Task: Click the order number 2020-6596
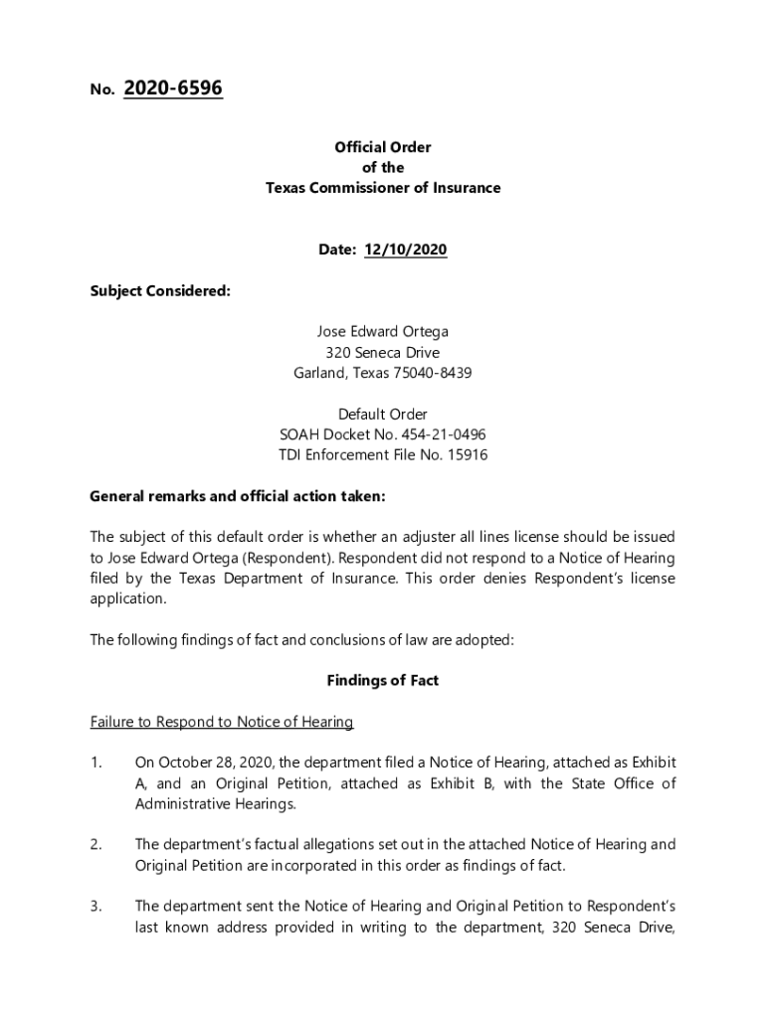click(173, 89)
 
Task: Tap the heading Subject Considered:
click(160, 291)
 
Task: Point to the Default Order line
click(383, 414)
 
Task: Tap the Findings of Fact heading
click(383, 681)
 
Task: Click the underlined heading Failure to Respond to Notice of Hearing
click(222, 722)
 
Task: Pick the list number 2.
click(96, 844)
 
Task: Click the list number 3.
click(96, 906)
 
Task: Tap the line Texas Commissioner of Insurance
click(383, 188)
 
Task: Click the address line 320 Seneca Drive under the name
click(383, 353)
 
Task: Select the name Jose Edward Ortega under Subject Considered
click(383, 332)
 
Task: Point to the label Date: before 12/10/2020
click(337, 251)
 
